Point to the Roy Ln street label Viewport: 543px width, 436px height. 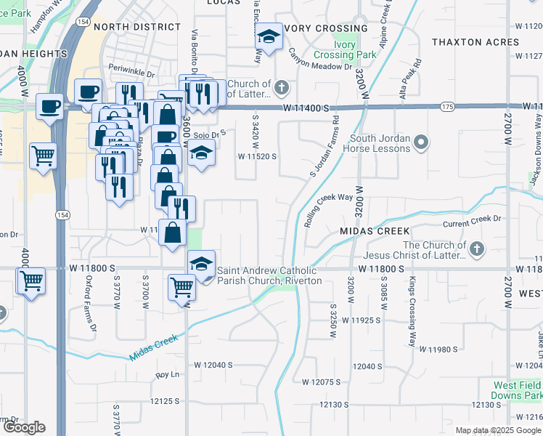click(x=168, y=375)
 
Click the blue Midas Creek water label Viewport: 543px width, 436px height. click(x=154, y=347)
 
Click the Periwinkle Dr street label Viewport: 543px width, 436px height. click(x=132, y=73)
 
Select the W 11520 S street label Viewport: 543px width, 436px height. click(x=258, y=156)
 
